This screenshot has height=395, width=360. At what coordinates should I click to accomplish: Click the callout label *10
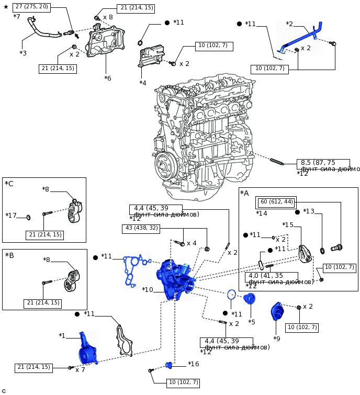pyautogui.click(x=148, y=289)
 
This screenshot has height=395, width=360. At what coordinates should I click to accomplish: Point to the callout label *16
pyautogui.click(x=194, y=364)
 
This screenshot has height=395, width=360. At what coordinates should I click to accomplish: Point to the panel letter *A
pyautogui.click(x=244, y=194)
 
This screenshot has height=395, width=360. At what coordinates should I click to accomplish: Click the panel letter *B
pyautogui.click(x=9, y=255)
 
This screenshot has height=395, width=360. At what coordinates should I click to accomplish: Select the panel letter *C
pyautogui.click(x=9, y=184)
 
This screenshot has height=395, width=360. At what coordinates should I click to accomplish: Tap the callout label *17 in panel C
pyautogui.click(x=11, y=216)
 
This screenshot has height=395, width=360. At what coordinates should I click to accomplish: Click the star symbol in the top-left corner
pyautogui.click(x=6, y=7)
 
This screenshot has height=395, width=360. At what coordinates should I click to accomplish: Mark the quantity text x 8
pyautogui.click(x=108, y=17)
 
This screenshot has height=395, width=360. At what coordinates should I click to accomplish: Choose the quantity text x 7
pyautogui.click(x=80, y=370)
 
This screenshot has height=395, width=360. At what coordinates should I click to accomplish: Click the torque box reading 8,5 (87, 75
pyautogui.click(x=323, y=163)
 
